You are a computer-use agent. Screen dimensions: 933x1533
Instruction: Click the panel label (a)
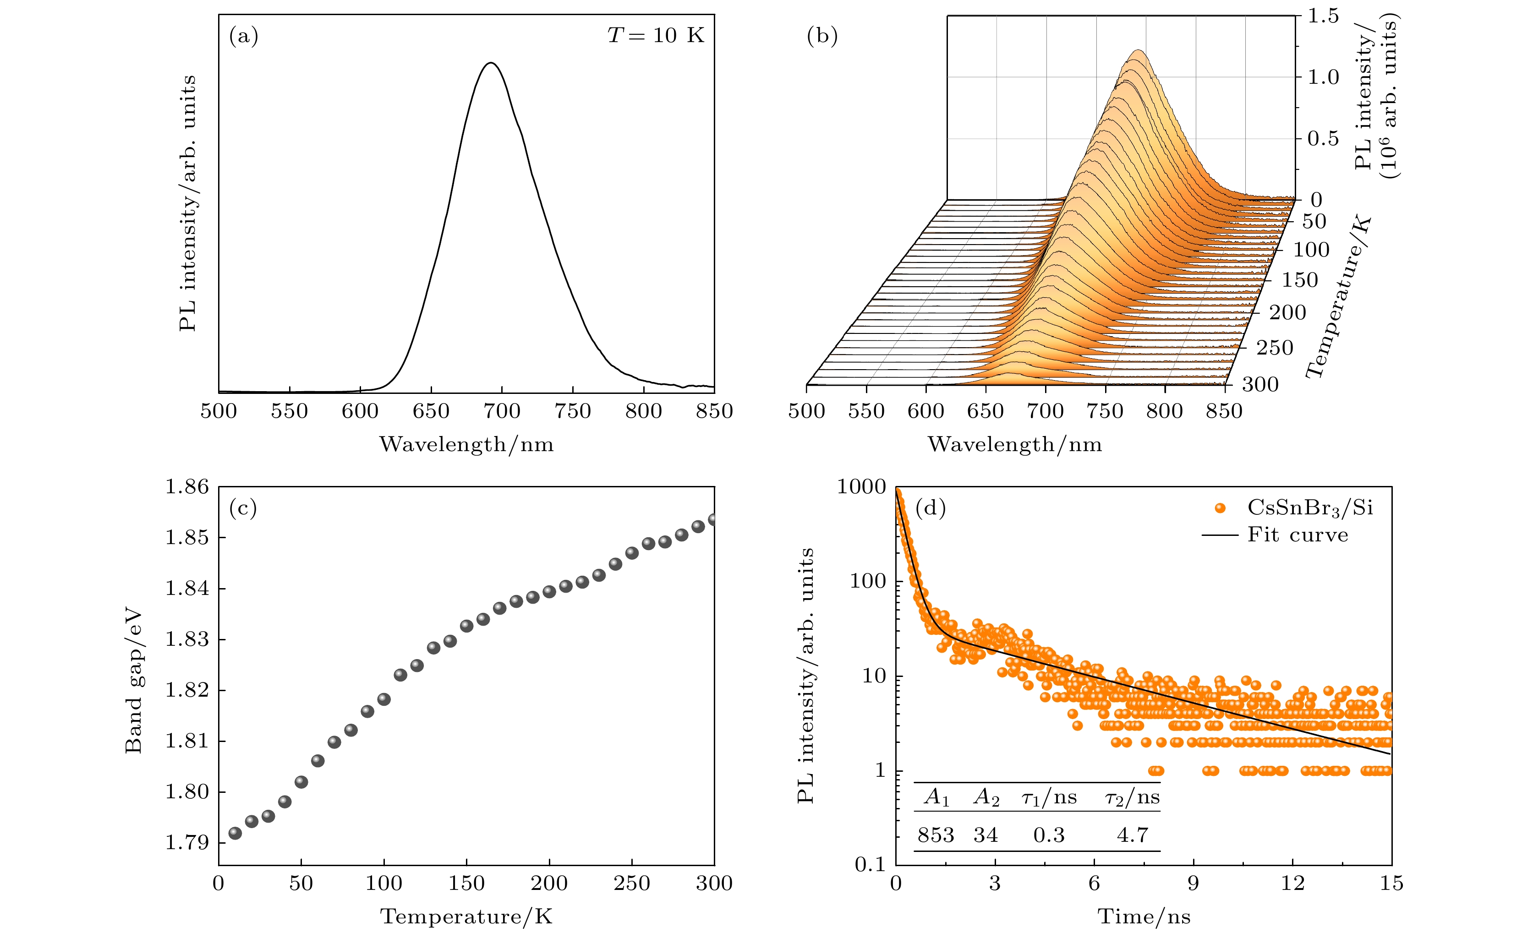coord(243,36)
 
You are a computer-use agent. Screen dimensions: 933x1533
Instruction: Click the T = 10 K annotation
coord(656,35)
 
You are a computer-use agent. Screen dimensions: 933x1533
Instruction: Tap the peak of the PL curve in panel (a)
coord(492,63)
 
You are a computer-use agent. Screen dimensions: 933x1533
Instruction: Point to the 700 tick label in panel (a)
coord(502,411)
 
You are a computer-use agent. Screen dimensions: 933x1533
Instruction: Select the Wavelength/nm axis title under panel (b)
coord(1015,444)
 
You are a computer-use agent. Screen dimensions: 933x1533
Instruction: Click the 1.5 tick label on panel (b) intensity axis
coord(1323,16)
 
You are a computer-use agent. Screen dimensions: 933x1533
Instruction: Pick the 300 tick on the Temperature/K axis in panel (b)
coord(1260,384)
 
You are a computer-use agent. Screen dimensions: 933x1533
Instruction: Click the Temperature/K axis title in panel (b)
coord(1338,297)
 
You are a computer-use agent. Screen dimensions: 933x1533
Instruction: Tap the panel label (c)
coord(243,508)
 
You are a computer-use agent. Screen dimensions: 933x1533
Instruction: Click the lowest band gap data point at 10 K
coord(235,833)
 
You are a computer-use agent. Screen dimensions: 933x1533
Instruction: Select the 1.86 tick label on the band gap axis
coord(186,486)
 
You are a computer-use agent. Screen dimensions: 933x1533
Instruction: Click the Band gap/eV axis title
coord(134,681)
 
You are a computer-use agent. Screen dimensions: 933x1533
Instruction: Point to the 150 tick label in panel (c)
coord(466,883)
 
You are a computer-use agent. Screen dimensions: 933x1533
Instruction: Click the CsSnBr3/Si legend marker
coord(1220,508)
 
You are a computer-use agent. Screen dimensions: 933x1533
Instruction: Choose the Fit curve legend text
coord(1298,535)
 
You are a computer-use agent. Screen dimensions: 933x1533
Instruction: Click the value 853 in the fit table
coord(936,835)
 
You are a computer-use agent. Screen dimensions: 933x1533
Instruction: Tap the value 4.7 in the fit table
coord(1132,835)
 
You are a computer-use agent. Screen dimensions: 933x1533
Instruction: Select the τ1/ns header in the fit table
coord(1049,797)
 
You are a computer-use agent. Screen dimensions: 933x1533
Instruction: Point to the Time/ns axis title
coord(1144,916)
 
